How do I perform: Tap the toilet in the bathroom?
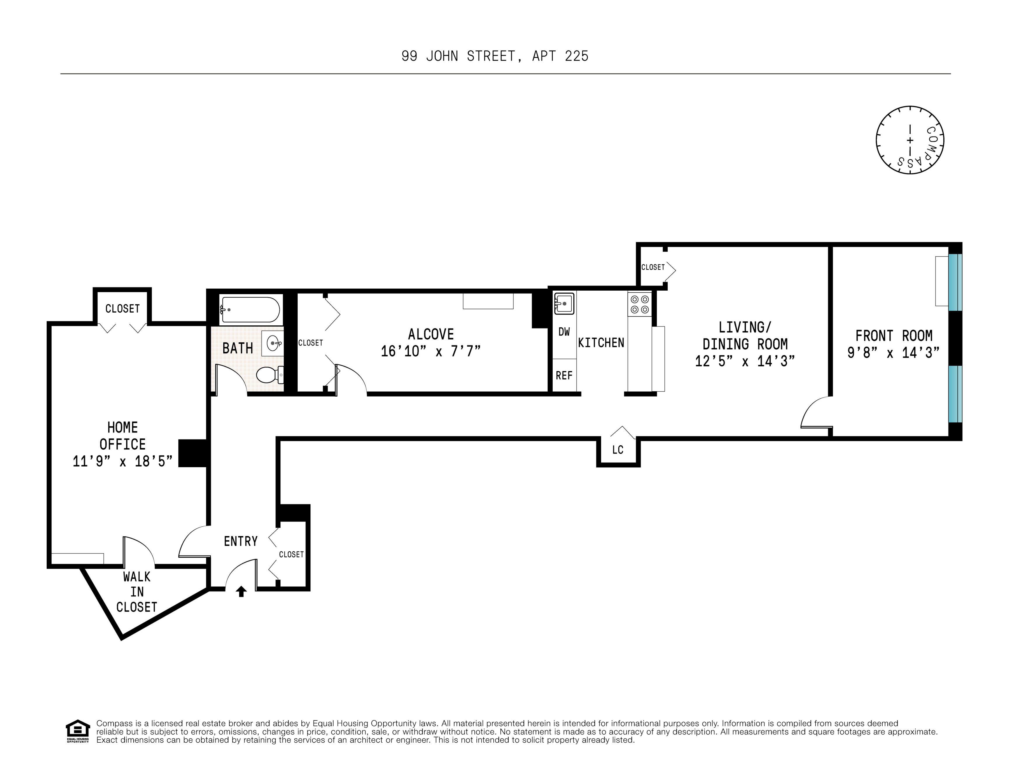coord(270,374)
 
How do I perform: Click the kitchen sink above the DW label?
coord(564,303)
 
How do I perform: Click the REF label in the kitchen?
coord(564,376)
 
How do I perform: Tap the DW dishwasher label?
coord(564,332)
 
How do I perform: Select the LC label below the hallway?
coord(618,450)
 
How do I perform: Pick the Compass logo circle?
coord(910,140)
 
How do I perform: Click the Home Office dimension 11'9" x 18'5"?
coord(123,461)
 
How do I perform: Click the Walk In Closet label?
coord(137,592)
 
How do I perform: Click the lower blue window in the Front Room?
coord(955,394)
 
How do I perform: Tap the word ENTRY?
coord(241,541)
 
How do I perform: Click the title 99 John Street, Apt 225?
coord(495,56)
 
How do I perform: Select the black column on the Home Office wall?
coord(193,453)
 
